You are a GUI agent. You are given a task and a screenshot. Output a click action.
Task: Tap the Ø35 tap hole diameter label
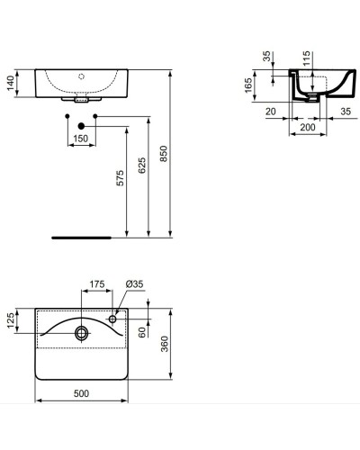coord(134,284)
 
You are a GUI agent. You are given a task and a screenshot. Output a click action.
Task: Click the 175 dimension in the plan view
coord(97,285)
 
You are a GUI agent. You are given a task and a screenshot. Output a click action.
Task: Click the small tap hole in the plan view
coord(114,318)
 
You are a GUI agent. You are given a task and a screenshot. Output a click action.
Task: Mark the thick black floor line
coord(82,238)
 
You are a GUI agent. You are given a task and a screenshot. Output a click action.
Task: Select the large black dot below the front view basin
coord(82,124)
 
